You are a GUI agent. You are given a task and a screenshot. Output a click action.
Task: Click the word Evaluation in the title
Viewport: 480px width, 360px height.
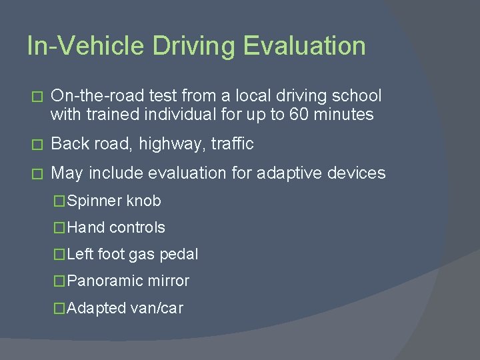[x=304, y=46]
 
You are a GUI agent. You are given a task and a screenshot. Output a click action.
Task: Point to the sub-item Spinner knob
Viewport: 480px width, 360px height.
[x=113, y=201]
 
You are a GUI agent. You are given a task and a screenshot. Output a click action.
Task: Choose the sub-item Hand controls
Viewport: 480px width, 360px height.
[x=116, y=227]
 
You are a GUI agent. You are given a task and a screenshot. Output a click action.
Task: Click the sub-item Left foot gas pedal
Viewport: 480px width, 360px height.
[x=132, y=254]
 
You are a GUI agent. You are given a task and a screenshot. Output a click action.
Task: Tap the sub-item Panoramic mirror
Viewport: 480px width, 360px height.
[x=128, y=281]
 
